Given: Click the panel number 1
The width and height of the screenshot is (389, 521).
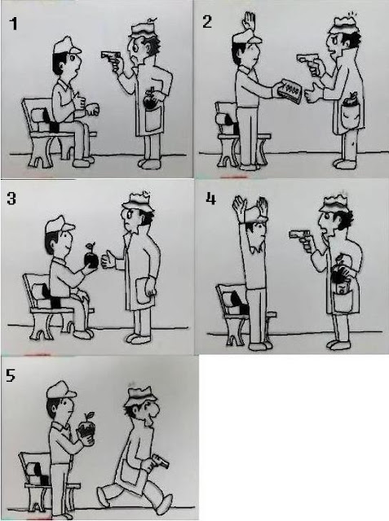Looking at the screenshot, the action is pos(13,24).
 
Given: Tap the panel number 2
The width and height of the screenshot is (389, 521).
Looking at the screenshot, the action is pos(206,22).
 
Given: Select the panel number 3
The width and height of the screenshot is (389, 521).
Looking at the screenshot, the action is pos(11,199).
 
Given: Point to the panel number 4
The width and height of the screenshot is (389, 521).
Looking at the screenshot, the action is pos(210,199).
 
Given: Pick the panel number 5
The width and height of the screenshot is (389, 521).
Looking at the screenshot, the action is pos(11,375).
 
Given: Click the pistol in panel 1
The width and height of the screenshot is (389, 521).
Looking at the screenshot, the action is pos(110,59).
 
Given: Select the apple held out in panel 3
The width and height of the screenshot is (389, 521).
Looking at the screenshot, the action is pos(91,257).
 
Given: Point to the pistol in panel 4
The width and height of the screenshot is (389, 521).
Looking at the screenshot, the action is pos(300,239).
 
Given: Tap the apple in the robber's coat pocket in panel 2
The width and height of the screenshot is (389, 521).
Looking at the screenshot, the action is pos(349,100).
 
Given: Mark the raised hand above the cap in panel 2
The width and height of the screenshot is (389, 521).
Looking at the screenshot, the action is pos(250,22).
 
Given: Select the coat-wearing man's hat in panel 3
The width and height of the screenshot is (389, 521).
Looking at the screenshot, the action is pos(138,202).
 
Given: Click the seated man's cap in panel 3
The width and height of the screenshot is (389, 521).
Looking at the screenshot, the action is pos(60,224).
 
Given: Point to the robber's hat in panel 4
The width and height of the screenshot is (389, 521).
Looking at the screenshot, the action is pos(334,204).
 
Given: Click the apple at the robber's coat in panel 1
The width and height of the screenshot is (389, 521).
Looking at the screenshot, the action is pos(148,101).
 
